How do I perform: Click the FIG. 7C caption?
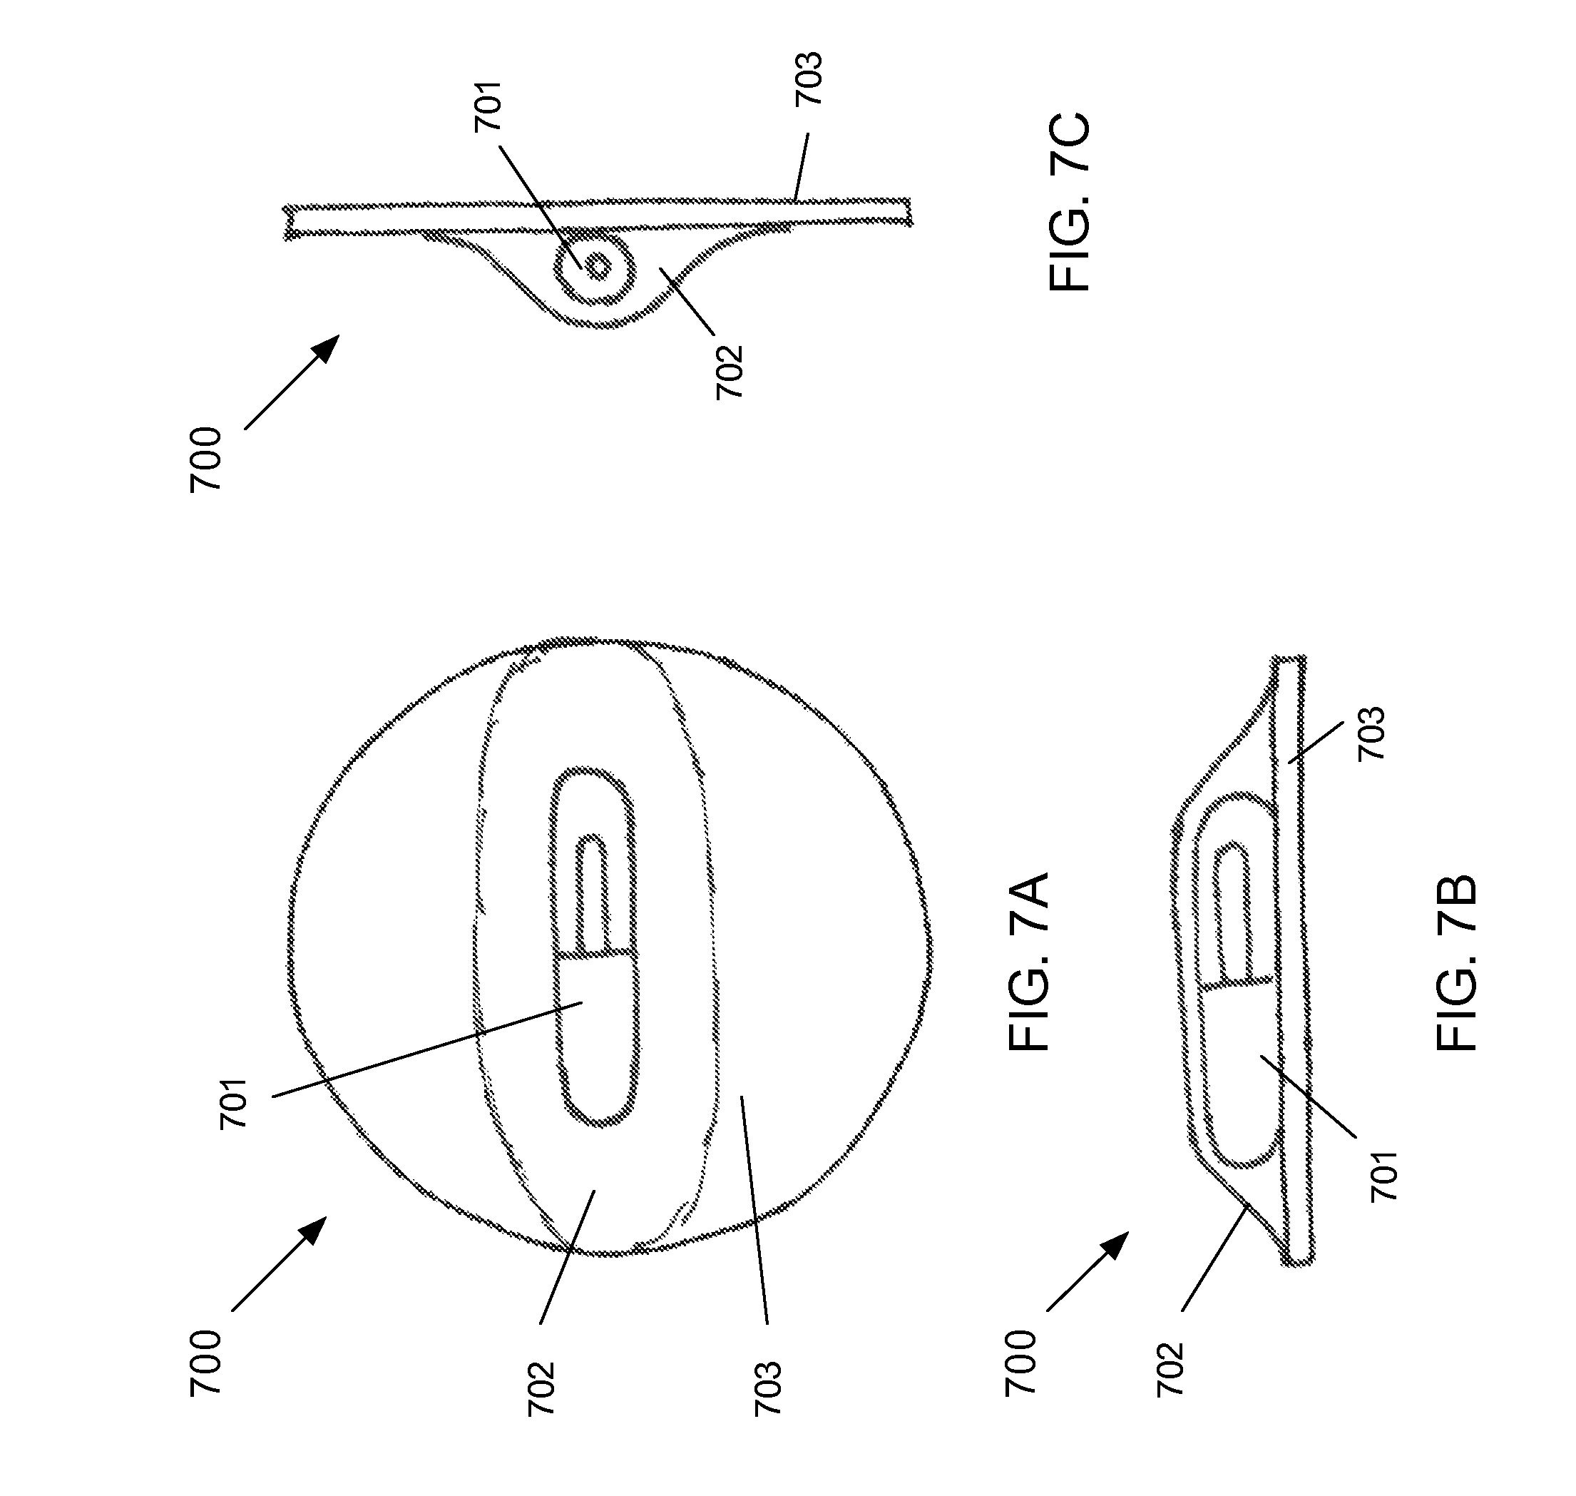click(x=1069, y=203)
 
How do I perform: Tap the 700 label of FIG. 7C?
click(x=205, y=460)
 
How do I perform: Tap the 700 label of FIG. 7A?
click(x=205, y=1363)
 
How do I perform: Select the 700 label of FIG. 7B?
click(x=1020, y=1363)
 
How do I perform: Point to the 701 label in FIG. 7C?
click(x=488, y=106)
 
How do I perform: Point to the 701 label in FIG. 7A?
click(x=234, y=1104)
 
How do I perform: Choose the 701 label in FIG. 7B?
click(x=1384, y=1177)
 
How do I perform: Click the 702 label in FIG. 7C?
click(x=729, y=372)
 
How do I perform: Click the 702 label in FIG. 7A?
click(x=541, y=1388)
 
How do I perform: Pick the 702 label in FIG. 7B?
click(x=1170, y=1370)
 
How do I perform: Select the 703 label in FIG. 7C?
click(x=807, y=79)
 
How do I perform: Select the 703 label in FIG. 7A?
click(x=767, y=1388)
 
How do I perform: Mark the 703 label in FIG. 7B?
click(x=1371, y=733)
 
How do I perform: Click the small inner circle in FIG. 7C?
click(x=597, y=266)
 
